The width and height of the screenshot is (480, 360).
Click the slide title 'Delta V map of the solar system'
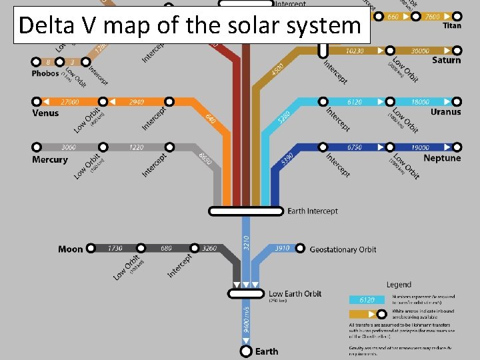coord(189,25)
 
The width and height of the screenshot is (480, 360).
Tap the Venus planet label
coord(45,113)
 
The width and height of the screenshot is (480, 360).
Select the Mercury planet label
coord(50,160)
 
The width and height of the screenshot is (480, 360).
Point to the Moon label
coord(71,249)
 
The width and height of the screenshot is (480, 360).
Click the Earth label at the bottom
coord(267,351)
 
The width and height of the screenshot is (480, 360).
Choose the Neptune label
coord(442,159)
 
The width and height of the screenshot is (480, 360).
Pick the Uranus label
coord(445,112)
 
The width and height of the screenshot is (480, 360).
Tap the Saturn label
coord(446,61)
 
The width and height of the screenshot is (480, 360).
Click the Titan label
coord(451,27)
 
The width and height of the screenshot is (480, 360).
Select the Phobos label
coord(45,74)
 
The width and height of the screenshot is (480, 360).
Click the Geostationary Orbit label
coord(343,250)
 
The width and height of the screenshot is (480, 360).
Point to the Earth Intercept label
coord(313,211)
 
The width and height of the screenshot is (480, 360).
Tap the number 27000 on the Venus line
coord(70,102)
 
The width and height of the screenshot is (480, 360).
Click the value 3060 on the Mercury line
coord(69,147)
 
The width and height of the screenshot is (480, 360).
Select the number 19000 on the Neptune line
coord(420,147)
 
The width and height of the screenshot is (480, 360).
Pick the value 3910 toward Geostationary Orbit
coord(282,249)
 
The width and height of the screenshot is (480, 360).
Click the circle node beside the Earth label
coord(246,351)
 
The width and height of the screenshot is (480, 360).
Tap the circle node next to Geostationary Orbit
coord(300,249)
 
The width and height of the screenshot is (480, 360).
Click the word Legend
coord(399,285)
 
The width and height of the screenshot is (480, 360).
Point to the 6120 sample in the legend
coord(366,300)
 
